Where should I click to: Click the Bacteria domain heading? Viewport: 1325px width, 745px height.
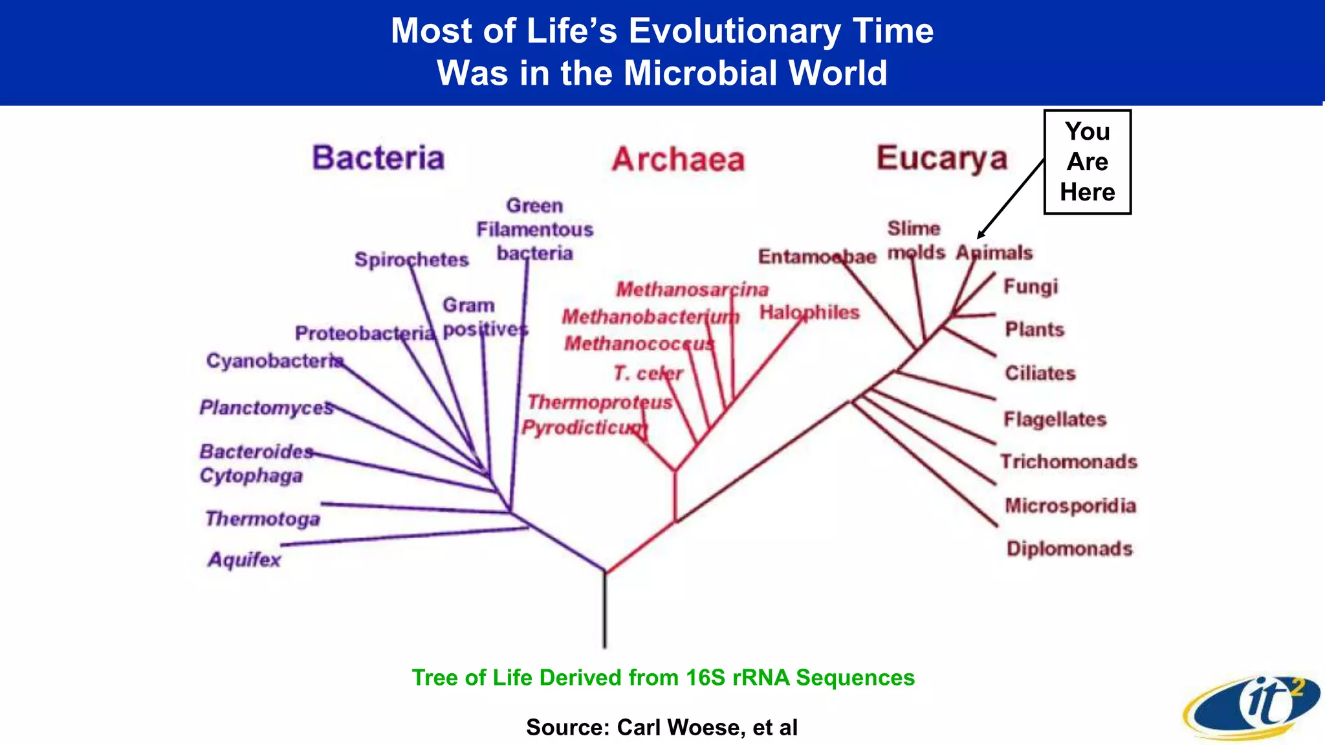click(x=378, y=158)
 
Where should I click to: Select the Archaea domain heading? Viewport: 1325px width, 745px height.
click(x=678, y=159)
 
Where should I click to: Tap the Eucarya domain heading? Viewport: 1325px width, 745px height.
click(x=942, y=158)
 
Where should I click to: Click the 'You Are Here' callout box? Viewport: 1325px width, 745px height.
click(x=1087, y=162)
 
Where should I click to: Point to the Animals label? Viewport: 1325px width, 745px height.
click(x=994, y=252)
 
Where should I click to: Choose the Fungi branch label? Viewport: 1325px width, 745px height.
click(x=1030, y=286)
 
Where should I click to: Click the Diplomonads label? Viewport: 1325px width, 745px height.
click(x=1069, y=548)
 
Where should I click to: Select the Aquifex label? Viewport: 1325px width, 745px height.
click(x=245, y=559)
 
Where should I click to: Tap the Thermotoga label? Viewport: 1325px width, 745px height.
click(x=263, y=519)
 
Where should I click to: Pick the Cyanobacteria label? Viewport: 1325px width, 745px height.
click(x=274, y=360)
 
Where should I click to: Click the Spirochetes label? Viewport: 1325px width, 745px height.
click(x=411, y=259)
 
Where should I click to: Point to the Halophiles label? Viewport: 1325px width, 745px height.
click(x=809, y=312)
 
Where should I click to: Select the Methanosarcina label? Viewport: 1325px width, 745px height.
click(x=692, y=289)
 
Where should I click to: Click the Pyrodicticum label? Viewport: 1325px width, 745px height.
click(x=584, y=427)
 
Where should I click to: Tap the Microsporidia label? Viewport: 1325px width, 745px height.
click(x=1070, y=505)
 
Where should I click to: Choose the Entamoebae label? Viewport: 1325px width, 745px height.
click(x=816, y=257)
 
